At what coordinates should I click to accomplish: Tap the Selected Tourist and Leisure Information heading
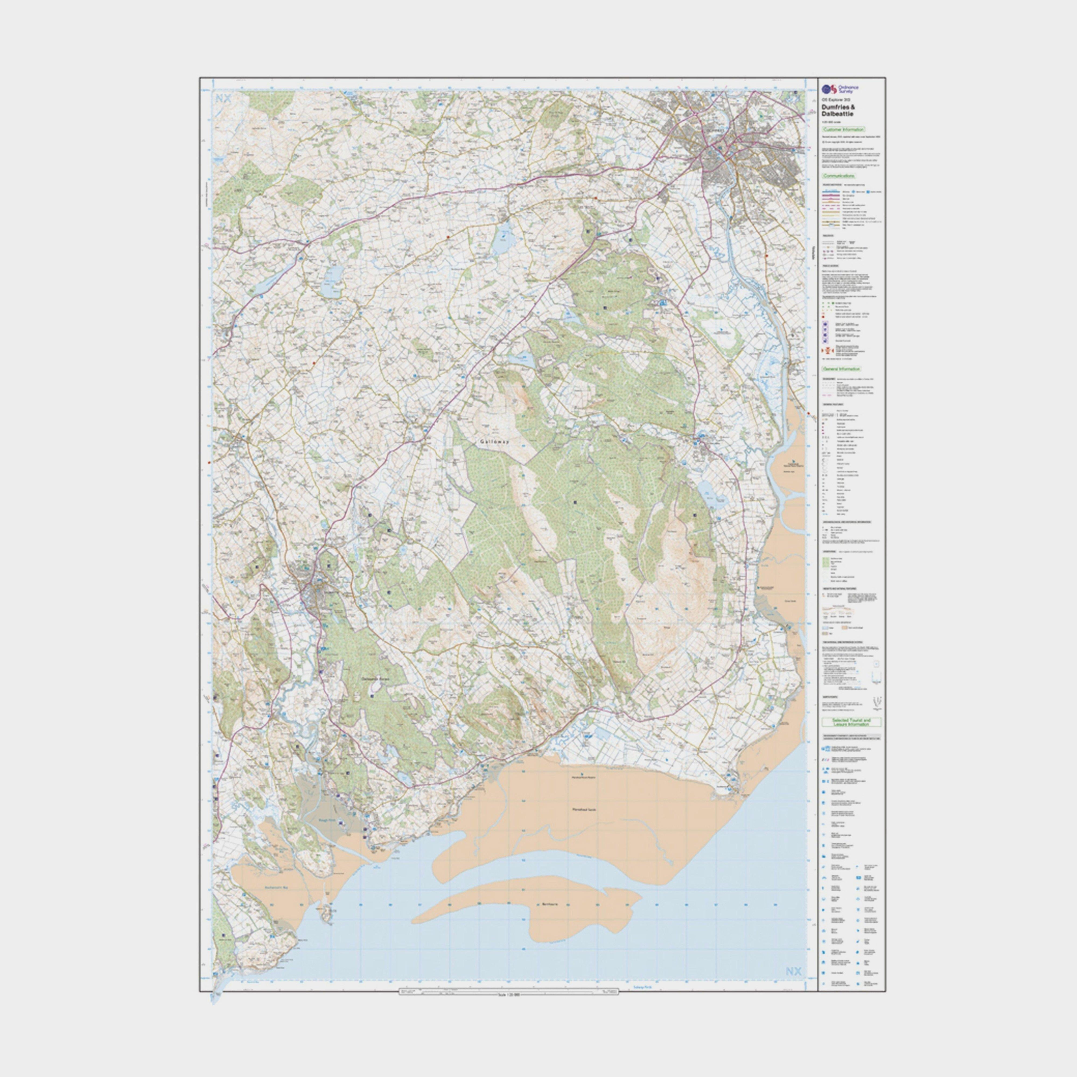[851, 722]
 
